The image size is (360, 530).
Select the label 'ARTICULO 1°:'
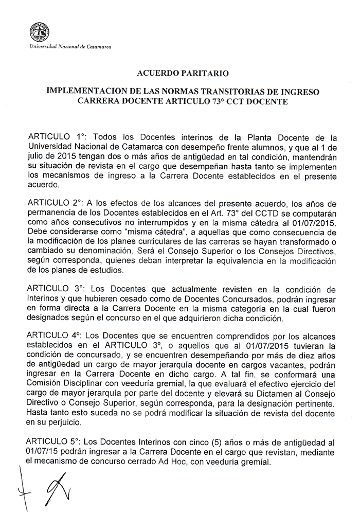53,138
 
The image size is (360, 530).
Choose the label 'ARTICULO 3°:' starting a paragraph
53,286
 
